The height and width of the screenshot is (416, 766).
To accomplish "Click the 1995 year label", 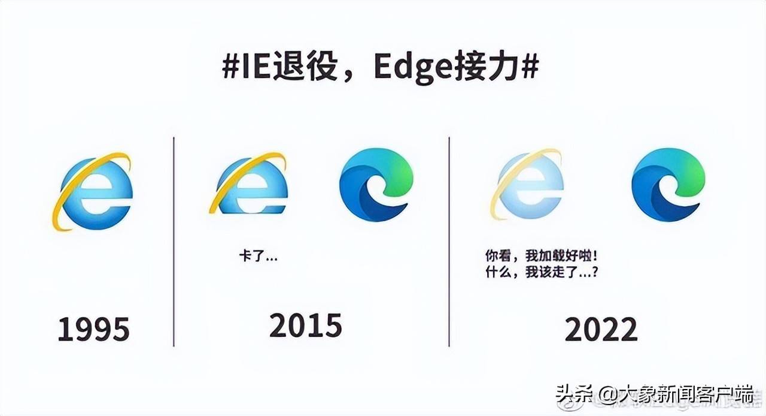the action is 94,329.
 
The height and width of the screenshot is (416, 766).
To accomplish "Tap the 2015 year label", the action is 306,325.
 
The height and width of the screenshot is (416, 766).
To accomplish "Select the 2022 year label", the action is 601,329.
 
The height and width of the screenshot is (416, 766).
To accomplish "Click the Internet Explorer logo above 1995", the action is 92,192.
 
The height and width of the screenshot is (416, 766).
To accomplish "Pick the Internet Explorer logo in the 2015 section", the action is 248,183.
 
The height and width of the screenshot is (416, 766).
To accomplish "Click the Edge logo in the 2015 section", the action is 376,185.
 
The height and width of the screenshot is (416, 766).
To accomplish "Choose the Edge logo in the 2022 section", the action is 668,185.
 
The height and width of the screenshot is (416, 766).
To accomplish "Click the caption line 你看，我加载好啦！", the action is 542,256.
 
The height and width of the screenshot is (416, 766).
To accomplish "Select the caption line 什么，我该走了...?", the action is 542,272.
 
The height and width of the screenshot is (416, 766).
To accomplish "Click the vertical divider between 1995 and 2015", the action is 174,242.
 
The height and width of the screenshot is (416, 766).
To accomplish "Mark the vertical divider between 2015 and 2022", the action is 449,242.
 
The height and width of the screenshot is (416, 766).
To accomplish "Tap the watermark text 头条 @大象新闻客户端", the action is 655,396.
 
